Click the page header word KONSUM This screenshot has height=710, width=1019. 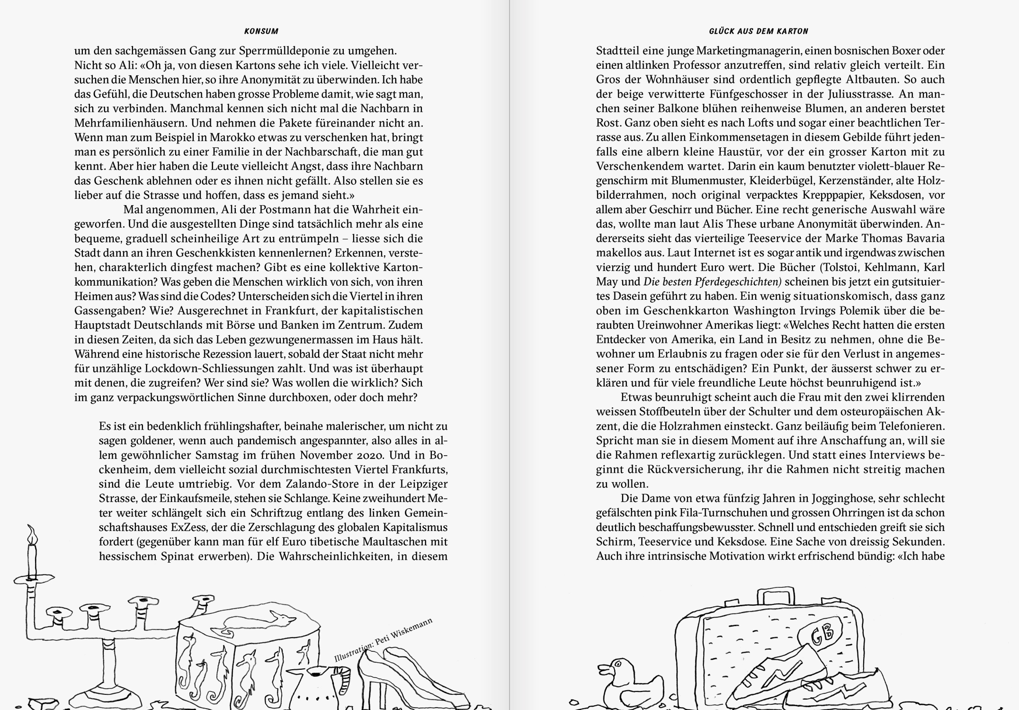pyautogui.click(x=261, y=31)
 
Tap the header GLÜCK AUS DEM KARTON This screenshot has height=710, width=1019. pyautogui.click(x=758, y=31)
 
